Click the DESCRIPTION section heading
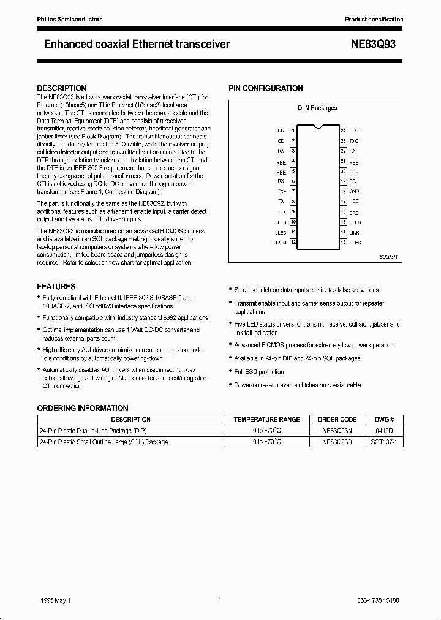(x=61, y=88)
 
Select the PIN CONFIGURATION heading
(x=265, y=88)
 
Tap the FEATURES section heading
(x=56, y=286)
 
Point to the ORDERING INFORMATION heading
(x=83, y=408)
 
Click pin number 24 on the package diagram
(x=344, y=130)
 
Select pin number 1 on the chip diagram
(x=293, y=130)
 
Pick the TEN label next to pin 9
(x=282, y=211)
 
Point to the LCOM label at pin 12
(x=280, y=243)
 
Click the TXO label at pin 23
(x=355, y=140)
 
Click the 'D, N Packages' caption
(x=317, y=108)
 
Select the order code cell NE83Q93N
(x=337, y=431)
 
